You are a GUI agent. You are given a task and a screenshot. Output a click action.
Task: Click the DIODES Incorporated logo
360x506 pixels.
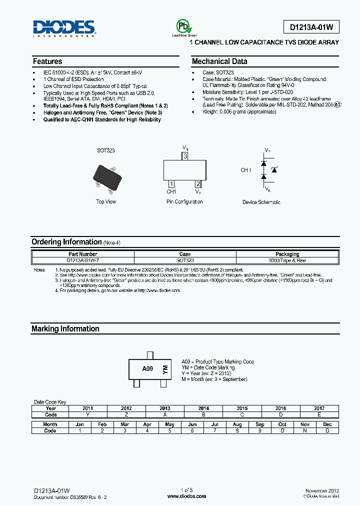(x=64, y=28)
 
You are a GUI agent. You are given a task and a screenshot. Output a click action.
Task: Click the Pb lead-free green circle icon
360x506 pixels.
(x=182, y=26)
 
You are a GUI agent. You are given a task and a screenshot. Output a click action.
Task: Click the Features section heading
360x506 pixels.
(x=47, y=61)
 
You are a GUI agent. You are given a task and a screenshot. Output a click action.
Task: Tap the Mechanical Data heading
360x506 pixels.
(x=219, y=61)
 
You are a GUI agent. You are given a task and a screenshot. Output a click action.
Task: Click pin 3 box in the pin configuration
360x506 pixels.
(x=185, y=156)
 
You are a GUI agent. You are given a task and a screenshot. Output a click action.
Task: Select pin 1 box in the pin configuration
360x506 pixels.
(x=171, y=184)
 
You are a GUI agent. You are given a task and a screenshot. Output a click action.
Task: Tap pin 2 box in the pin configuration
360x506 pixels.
(x=198, y=184)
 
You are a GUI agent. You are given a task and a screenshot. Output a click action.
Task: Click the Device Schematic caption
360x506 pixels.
(x=261, y=202)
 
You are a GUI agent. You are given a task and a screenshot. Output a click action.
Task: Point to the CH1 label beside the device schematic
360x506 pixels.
(x=246, y=170)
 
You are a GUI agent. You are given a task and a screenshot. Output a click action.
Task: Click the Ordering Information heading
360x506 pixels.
(x=66, y=242)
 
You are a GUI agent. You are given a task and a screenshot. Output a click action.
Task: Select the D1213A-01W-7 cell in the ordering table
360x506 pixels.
(x=83, y=260)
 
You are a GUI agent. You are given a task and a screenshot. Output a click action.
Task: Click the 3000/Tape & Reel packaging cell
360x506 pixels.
(x=287, y=260)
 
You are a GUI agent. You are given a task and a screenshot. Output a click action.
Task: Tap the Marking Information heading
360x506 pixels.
(x=65, y=329)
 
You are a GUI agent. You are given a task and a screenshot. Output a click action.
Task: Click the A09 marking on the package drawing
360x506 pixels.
(x=147, y=368)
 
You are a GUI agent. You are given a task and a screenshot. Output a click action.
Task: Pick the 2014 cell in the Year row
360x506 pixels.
(x=203, y=408)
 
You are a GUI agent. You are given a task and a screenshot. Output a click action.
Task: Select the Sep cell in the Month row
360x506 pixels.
(x=260, y=424)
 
